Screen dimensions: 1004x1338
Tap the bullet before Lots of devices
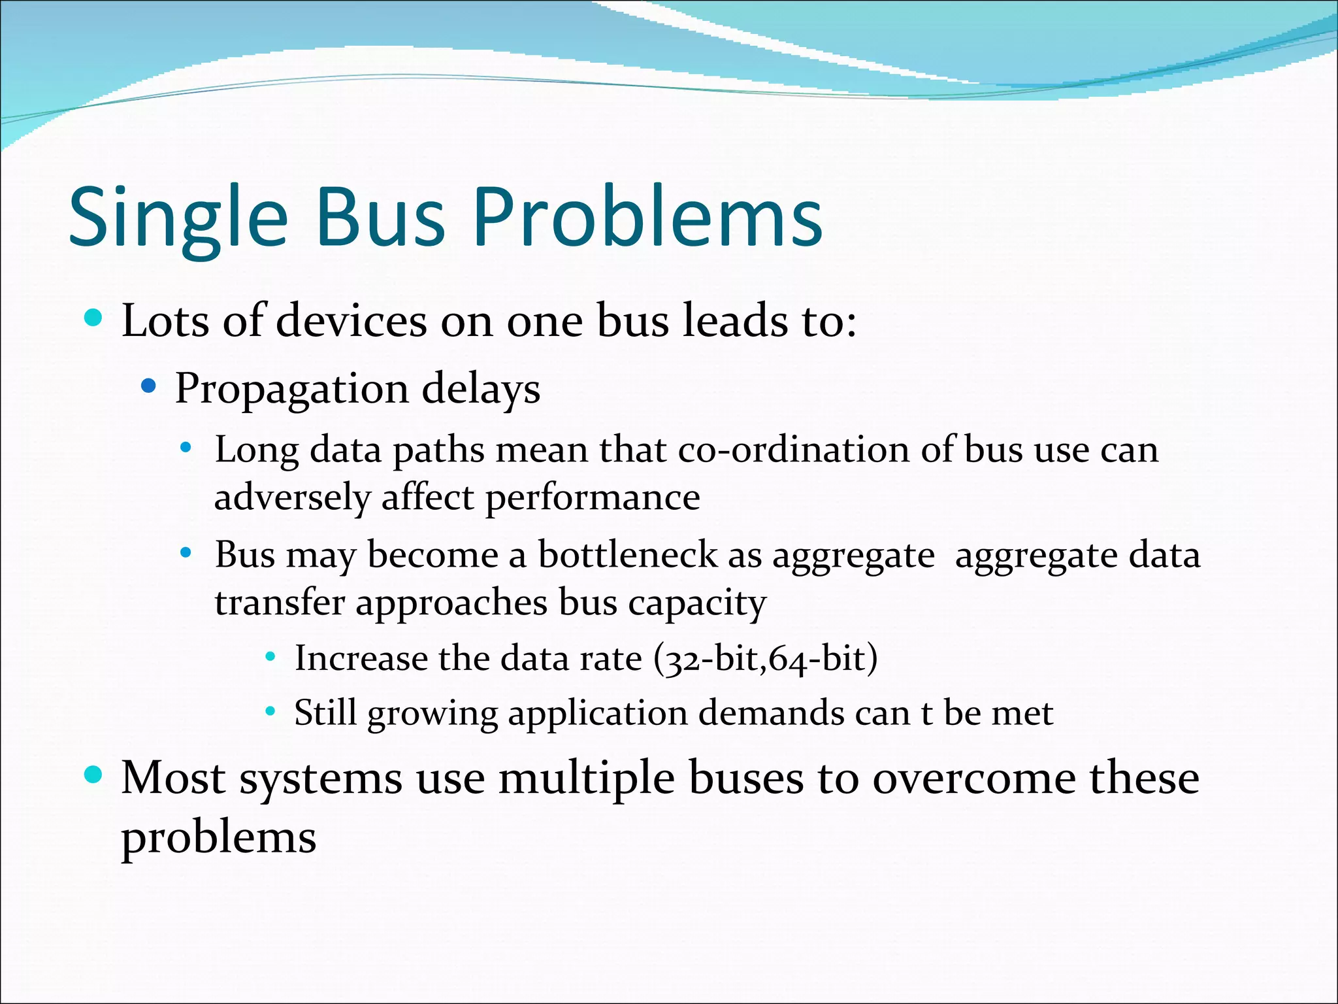coord(94,319)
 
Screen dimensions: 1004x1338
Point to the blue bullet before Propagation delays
coord(149,386)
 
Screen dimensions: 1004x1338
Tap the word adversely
coord(292,498)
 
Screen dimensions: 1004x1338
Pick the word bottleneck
coord(627,555)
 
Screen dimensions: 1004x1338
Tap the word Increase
coord(360,658)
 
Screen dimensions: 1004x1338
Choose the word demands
coord(771,712)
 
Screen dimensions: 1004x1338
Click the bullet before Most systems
coord(94,775)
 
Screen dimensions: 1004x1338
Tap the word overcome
coord(973,779)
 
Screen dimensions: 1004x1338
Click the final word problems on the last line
coord(218,839)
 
